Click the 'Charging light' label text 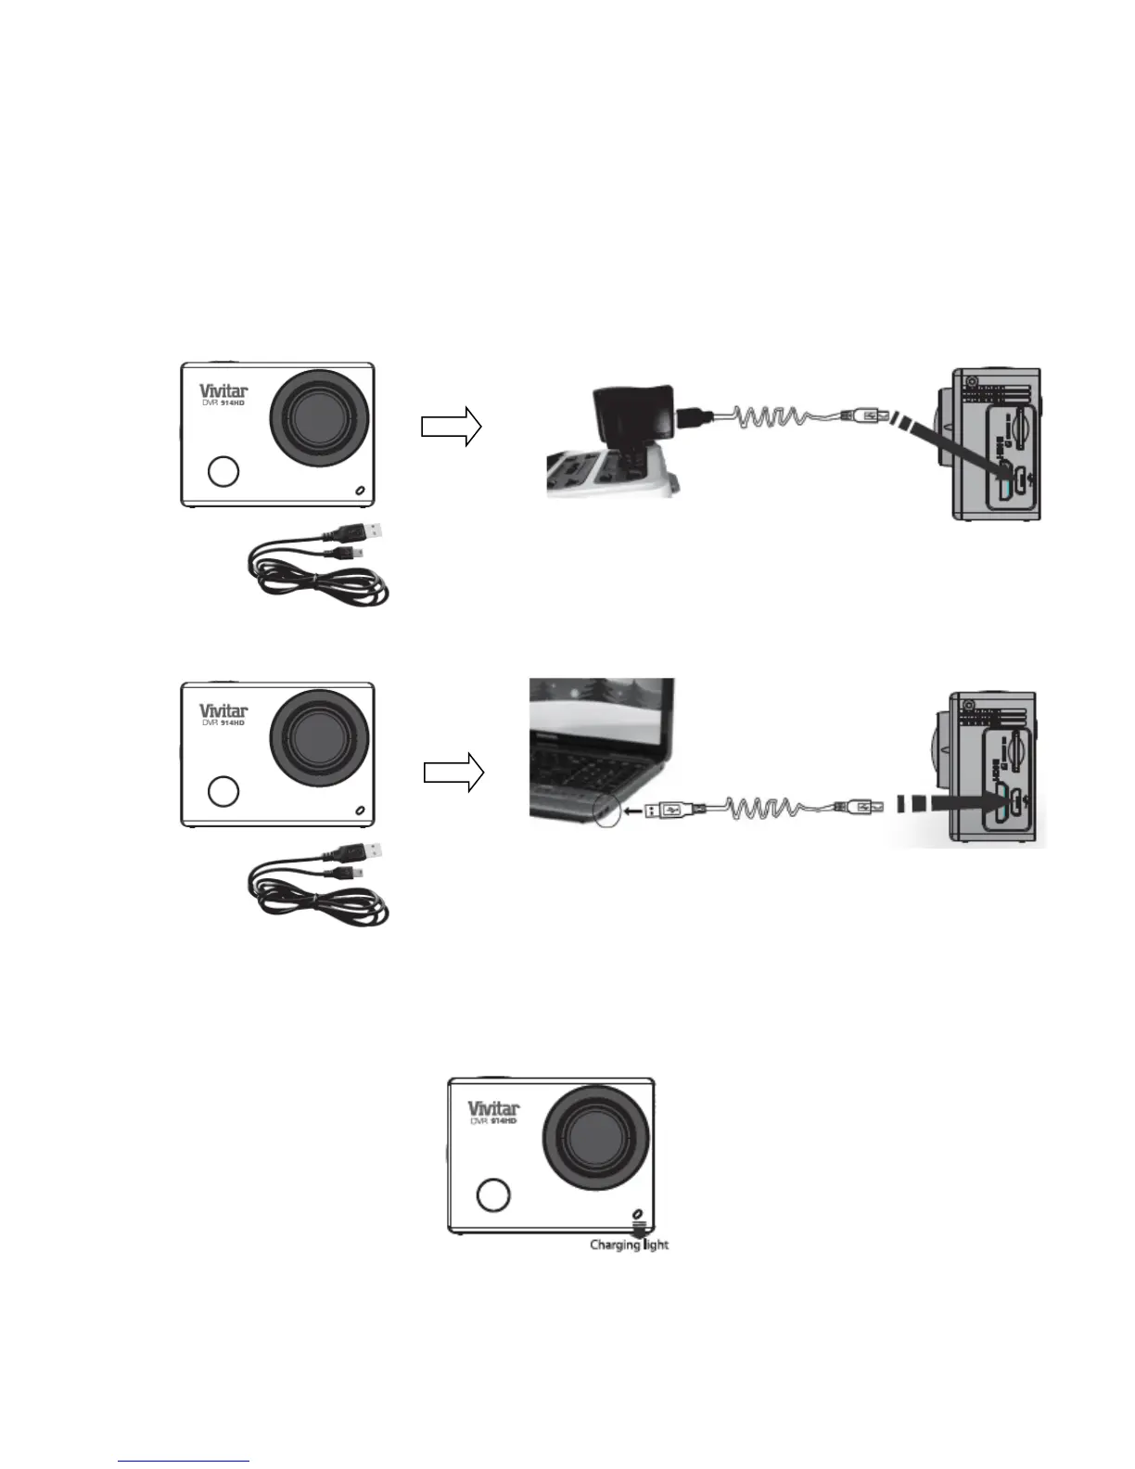tap(629, 1245)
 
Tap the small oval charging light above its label tap(637, 1214)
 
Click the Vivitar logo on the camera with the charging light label tap(492, 1108)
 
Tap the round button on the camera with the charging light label tap(492, 1194)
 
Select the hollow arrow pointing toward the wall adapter tap(451, 427)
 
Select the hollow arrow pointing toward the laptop tap(453, 773)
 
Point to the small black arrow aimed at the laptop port tap(632, 811)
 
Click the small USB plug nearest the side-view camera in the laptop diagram tap(862, 809)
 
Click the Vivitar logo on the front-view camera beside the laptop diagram tap(223, 710)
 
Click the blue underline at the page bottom tap(185, 1462)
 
